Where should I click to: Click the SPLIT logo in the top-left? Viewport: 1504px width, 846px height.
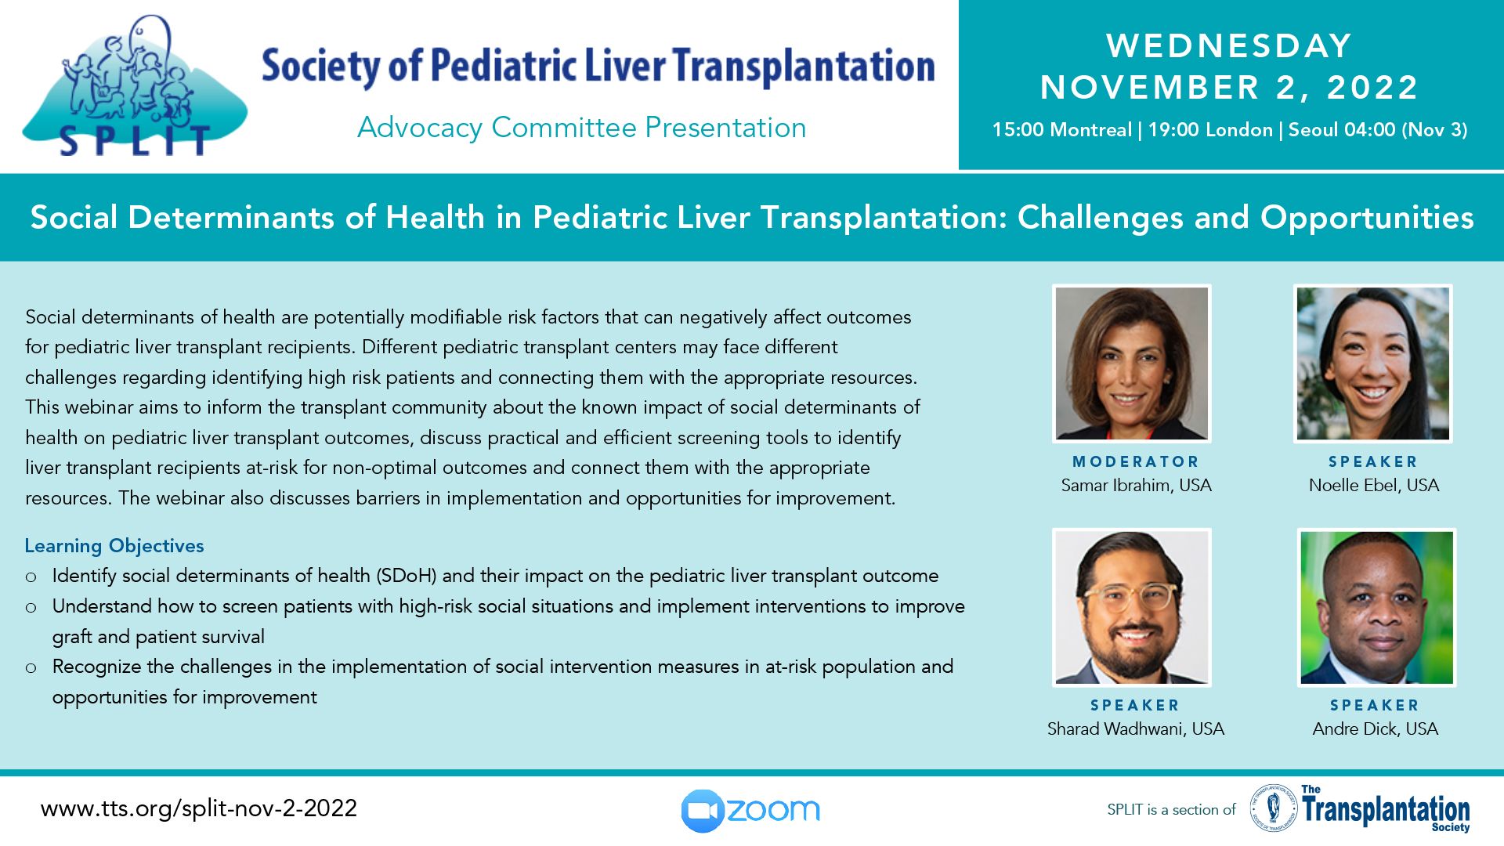tap(135, 86)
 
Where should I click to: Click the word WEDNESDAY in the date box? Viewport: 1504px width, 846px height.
tap(1229, 45)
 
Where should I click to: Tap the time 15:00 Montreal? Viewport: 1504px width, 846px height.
tap(1061, 130)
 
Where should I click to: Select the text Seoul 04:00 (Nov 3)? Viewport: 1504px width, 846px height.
tap(1378, 130)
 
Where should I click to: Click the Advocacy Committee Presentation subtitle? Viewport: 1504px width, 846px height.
tap(581, 128)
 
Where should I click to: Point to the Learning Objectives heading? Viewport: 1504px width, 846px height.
tap(114, 546)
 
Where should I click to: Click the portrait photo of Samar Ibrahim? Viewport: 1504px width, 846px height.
tap(1132, 363)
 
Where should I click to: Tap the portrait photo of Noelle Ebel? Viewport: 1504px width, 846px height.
tap(1373, 363)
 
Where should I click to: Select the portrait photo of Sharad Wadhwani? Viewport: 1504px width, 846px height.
tap(1132, 608)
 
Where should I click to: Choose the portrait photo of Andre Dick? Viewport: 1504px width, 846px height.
tap(1376, 608)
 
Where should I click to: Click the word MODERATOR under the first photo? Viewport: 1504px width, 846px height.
tap(1136, 462)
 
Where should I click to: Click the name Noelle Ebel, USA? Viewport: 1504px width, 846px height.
tap(1374, 486)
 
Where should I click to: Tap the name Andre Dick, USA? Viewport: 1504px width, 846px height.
tap(1376, 729)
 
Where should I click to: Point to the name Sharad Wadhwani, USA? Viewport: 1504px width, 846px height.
tap(1136, 729)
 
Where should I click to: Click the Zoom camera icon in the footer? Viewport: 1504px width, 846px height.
tap(702, 811)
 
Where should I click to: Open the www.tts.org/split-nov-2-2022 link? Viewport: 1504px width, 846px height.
tap(199, 808)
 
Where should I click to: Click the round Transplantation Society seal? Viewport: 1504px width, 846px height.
tap(1274, 808)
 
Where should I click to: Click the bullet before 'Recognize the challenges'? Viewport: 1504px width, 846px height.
tap(31, 668)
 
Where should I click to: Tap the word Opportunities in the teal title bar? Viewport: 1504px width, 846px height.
tap(1367, 219)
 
